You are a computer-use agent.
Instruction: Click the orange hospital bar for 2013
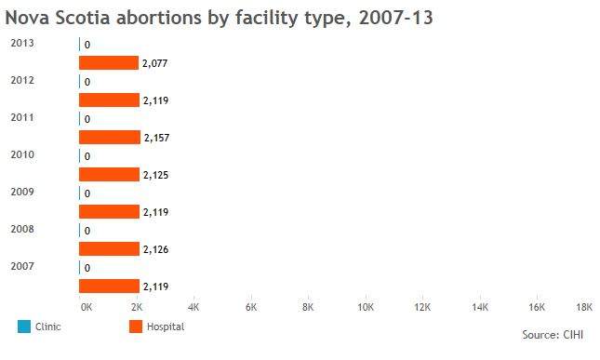coord(109,62)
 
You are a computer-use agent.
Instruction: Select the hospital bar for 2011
coord(110,138)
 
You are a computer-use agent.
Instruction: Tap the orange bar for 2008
coord(109,249)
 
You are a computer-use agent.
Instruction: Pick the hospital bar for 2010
coord(109,175)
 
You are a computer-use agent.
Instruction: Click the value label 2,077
coord(155,63)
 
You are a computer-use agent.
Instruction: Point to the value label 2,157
coord(157,138)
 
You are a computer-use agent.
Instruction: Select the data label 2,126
coord(155,249)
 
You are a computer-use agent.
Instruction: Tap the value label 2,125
coord(155,175)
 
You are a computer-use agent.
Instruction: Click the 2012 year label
coord(22,80)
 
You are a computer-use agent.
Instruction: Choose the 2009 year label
coord(22,192)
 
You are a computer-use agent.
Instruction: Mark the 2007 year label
coord(22,266)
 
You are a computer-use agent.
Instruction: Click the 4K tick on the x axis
coord(193,307)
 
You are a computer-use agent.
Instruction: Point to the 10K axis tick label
coord(366,307)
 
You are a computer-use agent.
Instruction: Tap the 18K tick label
coord(584,307)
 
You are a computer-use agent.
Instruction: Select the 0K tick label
coord(87,307)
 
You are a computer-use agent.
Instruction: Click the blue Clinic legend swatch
coord(24,327)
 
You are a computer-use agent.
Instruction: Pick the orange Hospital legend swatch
coord(136,327)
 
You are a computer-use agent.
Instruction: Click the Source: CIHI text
coord(553,335)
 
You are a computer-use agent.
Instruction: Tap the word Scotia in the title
coord(83,18)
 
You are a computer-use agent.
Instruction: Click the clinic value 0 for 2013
coord(87,45)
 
